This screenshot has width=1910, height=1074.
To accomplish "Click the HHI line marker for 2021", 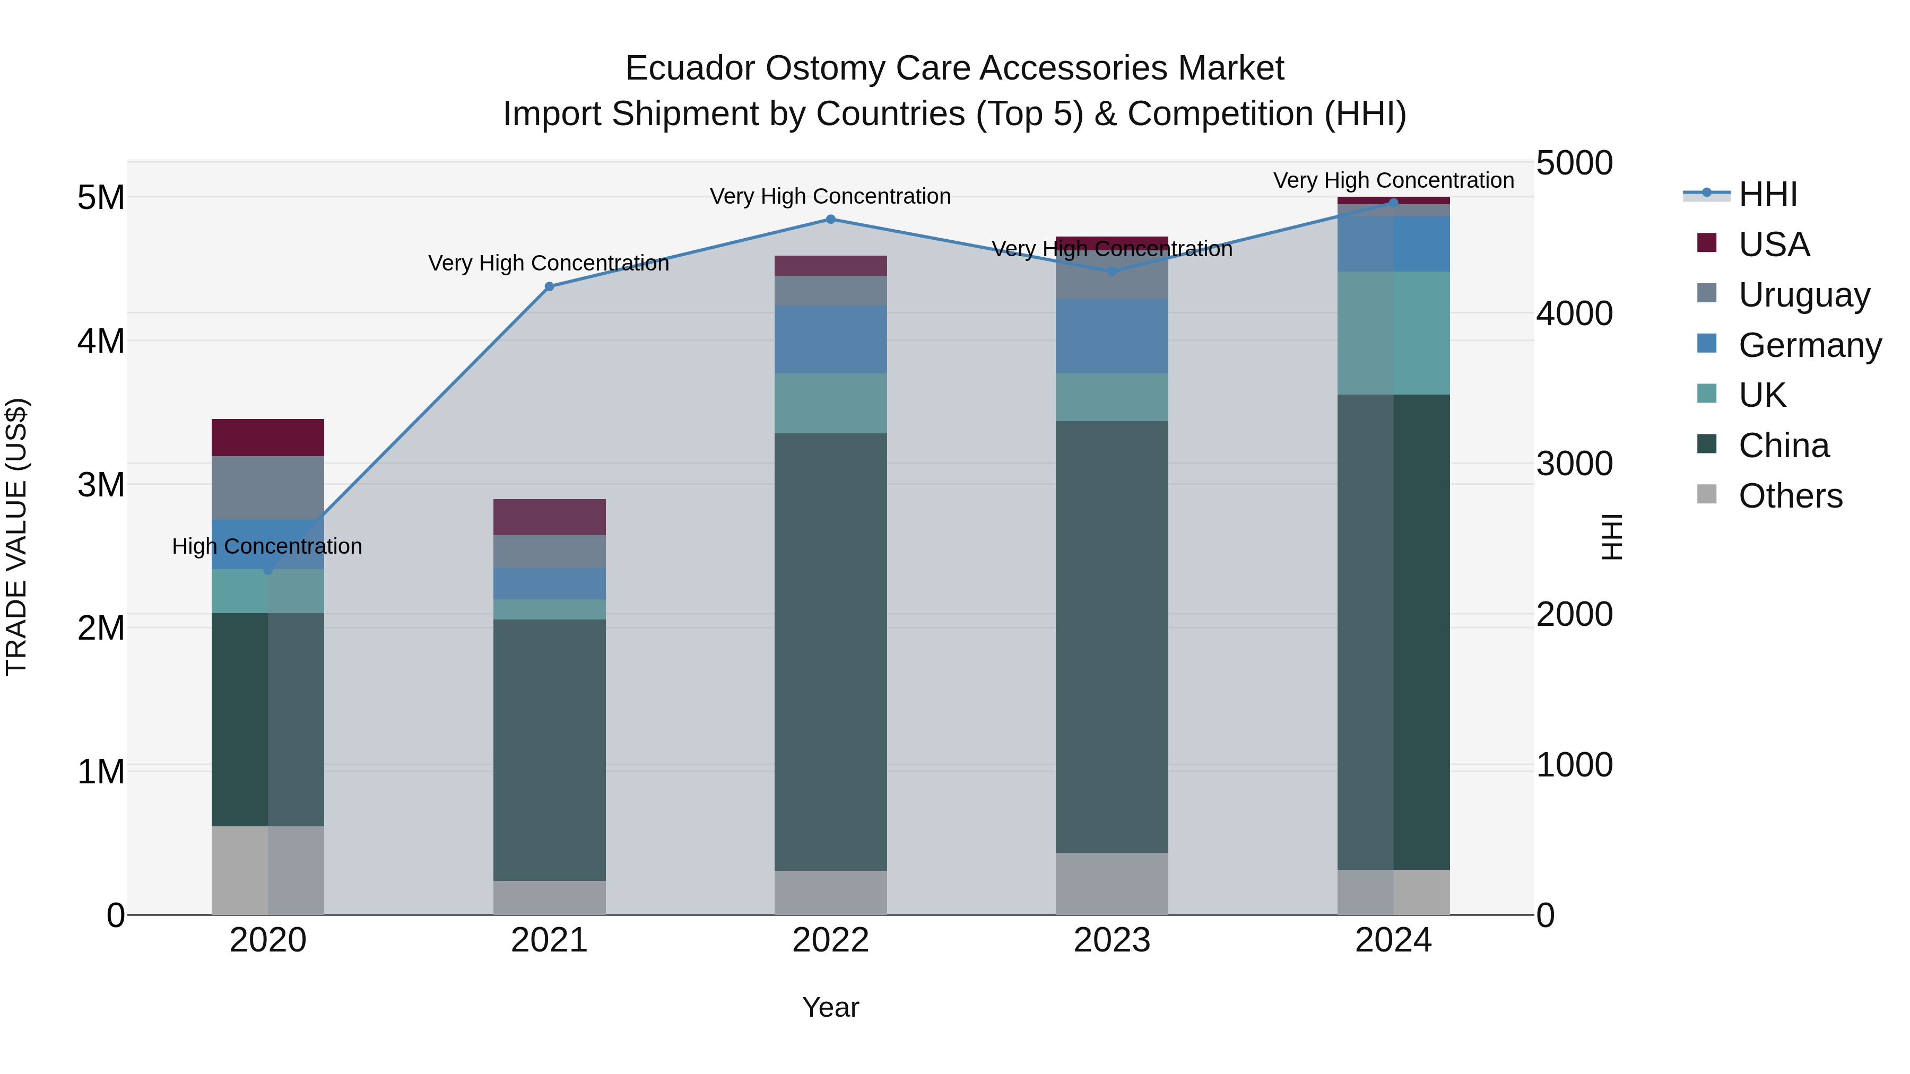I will (x=550, y=287).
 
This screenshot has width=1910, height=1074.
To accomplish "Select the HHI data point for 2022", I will (x=830, y=220).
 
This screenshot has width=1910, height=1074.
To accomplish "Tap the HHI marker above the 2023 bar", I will (x=1112, y=271).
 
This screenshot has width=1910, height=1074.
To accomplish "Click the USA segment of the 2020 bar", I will (x=268, y=438).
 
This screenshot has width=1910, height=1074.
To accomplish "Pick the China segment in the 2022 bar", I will (x=830, y=652).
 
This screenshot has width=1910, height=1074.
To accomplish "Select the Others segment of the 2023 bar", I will (x=1112, y=884).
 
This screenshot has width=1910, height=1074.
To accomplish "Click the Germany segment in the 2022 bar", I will (x=830, y=339).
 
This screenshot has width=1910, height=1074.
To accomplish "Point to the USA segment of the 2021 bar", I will (x=550, y=517).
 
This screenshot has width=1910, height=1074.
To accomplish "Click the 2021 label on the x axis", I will (x=550, y=940).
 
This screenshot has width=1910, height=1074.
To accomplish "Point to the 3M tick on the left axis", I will (x=101, y=485).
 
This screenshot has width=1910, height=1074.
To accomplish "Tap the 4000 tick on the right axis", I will (x=1574, y=313).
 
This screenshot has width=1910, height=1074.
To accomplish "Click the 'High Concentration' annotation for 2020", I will (x=267, y=546).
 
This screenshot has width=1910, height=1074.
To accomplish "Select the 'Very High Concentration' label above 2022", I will (x=830, y=196).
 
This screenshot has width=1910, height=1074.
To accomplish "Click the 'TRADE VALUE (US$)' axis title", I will (x=16, y=537).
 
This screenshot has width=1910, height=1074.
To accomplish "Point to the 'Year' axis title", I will (x=830, y=1007).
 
